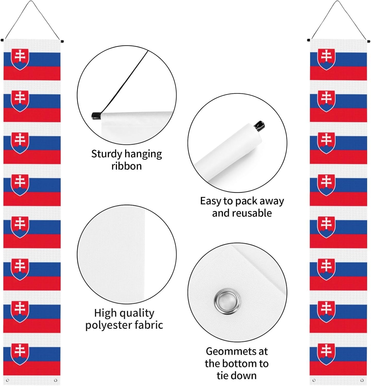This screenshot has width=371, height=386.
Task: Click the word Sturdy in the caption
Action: click(107, 154)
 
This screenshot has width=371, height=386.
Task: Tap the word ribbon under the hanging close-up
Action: click(127, 166)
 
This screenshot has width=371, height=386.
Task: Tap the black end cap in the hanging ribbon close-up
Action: click(96, 116)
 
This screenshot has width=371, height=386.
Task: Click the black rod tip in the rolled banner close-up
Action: click(259, 125)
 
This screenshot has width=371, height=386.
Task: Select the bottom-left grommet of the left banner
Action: click(7, 380)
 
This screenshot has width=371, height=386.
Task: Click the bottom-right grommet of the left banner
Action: click(56, 380)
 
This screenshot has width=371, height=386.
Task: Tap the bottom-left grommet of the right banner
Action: click(314, 380)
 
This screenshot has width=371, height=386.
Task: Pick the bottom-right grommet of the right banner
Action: click(362, 380)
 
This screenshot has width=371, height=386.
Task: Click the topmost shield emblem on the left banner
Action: click(20, 59)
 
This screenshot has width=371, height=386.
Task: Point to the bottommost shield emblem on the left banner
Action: click(20, 354)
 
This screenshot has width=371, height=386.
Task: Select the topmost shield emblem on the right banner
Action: click(326, 59)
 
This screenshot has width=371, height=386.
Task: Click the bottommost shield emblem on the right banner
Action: click(326, 354)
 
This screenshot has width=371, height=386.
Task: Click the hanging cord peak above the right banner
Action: click(338, 2)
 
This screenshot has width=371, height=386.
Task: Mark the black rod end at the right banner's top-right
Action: click(368, 41)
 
